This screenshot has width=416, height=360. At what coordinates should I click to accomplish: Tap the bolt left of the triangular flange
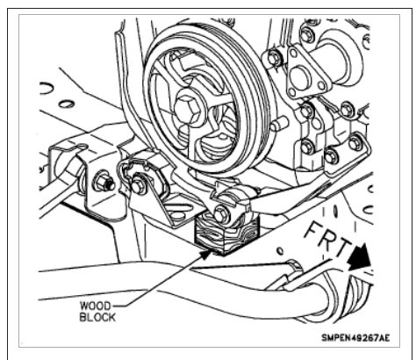[x=273, y=59]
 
